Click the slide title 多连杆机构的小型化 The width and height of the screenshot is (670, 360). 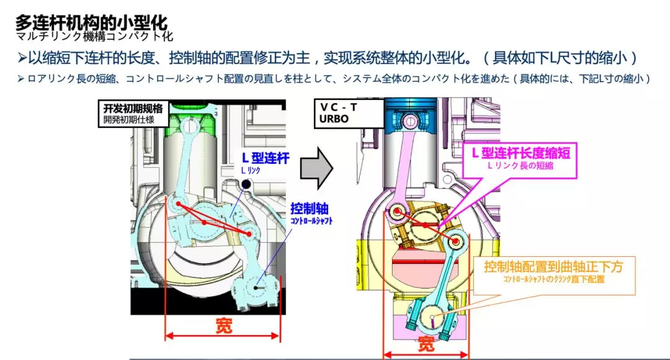(91, 23)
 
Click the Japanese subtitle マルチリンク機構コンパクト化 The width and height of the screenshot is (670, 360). (94, 37)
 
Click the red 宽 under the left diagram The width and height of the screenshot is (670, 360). (223, 325)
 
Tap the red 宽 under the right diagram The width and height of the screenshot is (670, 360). (426, 344)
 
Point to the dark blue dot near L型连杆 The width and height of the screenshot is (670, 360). (246, 184)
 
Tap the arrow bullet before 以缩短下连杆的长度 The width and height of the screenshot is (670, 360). (21, 59)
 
